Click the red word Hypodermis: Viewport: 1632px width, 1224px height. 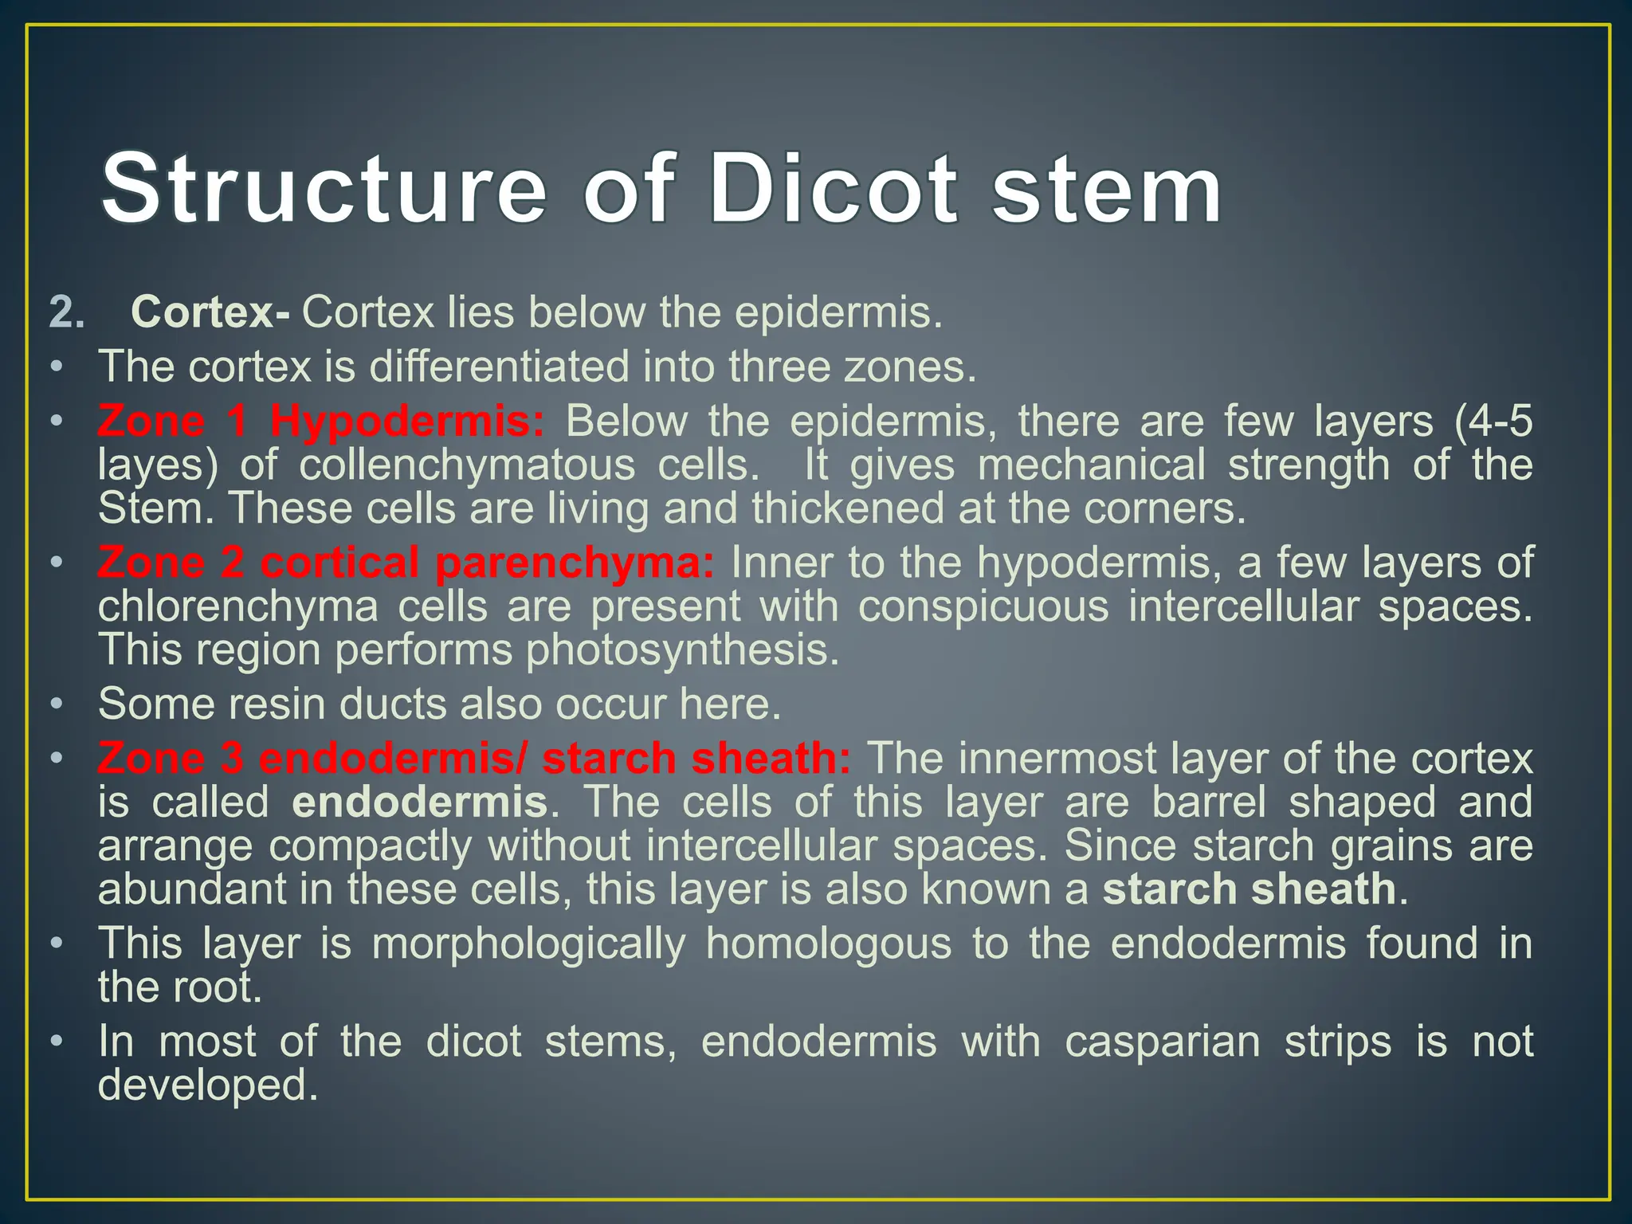click(407, 421)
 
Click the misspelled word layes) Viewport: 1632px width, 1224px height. click(157, 465)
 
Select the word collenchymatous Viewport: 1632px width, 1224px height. click(467, 465)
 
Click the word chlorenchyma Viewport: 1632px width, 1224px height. click(238, 606)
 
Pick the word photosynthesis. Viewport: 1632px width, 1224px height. click(682, 650)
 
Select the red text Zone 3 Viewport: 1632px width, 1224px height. click(170, 758)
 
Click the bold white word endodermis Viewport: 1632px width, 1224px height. click(420, 802)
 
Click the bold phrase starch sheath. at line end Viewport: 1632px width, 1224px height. click(1254, 889)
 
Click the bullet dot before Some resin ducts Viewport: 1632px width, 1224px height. click(55, 705)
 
